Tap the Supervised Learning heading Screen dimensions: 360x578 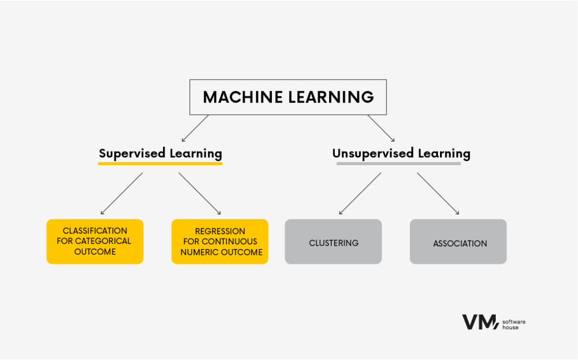pyautogui.click(x=160, y=153)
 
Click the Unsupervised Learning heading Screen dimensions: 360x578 pyautogui.click(x=401, y=153)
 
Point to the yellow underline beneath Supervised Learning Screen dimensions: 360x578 pyautogui.click(x=160, y=164)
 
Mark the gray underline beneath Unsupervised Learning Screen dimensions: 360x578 pyautogui.click(x=398, y=164)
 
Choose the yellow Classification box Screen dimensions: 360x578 pyautogui.click(x=95, y=241)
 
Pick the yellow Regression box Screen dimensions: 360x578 pyautogui.click(x=220, y=241)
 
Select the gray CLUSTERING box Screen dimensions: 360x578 pyautogui.click(x=333, y=241)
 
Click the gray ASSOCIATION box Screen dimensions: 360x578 pyautogui.click(x=458, y=241)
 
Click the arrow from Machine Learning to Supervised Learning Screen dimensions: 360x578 pyautogui.click(x=195, y=128)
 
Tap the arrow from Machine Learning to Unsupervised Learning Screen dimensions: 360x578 pyautogui.click(x=381, y=128)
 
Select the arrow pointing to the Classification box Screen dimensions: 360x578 pyautogui.click(x=121, y=194)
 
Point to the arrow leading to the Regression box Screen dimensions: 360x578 pyautogui.click(x=200, y=194)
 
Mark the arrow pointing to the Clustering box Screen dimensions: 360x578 pyautogui.click(x=360, y=194)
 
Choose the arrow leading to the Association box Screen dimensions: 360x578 pyautogui.click(x=438, y=194)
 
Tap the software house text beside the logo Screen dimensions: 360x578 pyautogui.click(x=513, y=325)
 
